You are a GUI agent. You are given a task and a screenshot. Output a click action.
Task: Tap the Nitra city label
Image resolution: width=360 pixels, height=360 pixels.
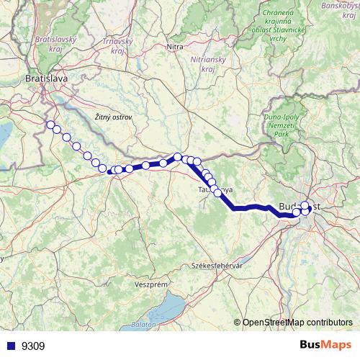175,48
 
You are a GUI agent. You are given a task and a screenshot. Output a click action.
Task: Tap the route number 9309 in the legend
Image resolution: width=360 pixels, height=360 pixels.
33,346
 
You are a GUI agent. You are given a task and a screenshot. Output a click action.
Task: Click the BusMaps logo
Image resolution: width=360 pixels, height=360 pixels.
326,345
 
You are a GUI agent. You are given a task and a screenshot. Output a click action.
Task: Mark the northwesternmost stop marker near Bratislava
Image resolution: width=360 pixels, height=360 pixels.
50,125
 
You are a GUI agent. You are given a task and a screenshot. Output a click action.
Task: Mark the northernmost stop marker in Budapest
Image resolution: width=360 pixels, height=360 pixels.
305,205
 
